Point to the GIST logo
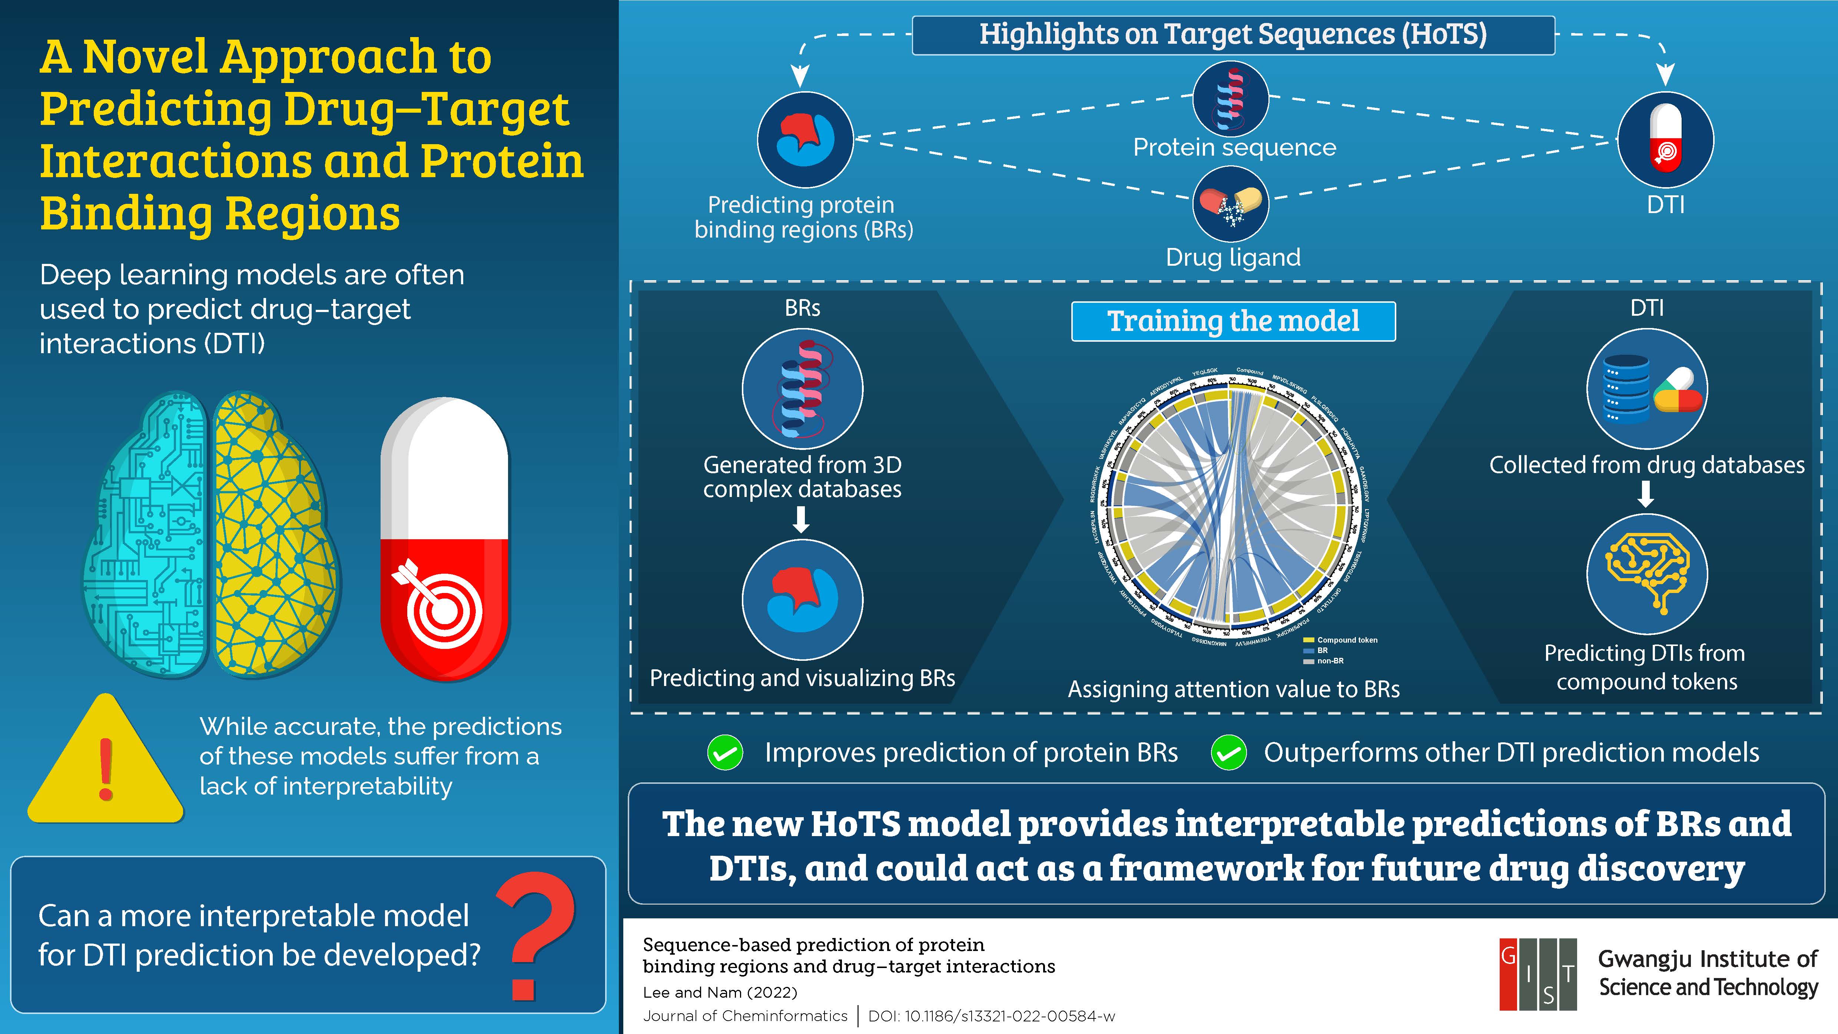click(x=1537, y=974)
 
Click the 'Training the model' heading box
click(x=1233, y=321)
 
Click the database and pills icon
click(x=1647, y=389)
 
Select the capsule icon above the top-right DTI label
click(x=1665, y=139)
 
